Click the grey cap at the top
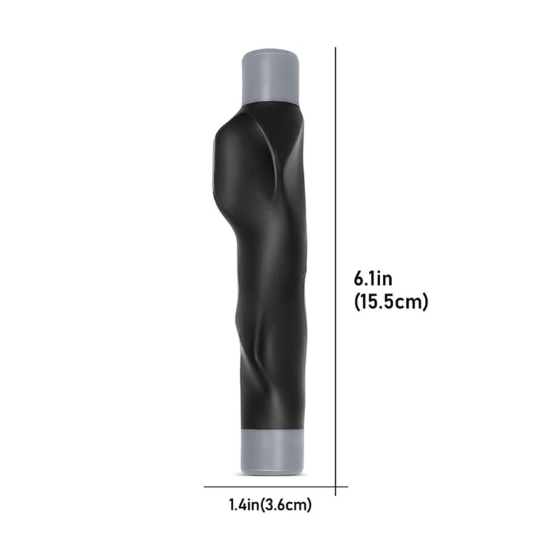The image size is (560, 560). (x=271, y=76)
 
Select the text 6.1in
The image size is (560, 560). (x=373, y=279)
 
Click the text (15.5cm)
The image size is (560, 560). (x=391, y=302)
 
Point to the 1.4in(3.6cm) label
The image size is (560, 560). (x=270, y=505)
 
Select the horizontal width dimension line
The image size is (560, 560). (x=276, y=486)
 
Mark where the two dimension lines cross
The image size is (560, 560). (x=336, y=486)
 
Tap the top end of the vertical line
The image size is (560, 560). (x=336, y=48)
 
